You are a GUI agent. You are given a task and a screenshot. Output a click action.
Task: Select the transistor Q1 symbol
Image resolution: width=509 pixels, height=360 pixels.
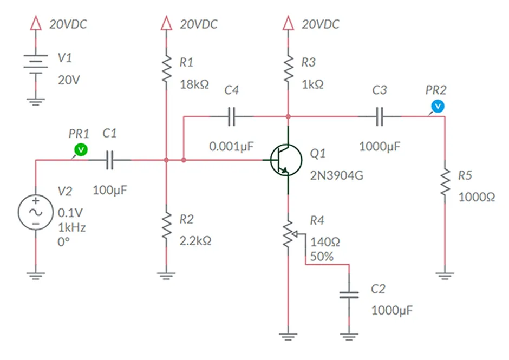tap(286, 160)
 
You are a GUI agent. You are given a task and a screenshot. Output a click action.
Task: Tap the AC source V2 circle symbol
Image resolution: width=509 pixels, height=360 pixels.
tap(35, 212)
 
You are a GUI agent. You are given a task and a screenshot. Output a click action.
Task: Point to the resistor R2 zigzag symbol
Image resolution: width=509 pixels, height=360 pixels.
tap(166, 228)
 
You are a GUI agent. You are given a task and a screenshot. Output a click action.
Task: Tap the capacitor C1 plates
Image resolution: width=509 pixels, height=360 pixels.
tap(110, 160)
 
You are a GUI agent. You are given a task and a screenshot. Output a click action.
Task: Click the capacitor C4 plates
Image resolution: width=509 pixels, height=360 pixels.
tap(232, 116)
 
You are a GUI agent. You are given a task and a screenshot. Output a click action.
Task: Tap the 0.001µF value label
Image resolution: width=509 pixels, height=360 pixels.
tap(232, 146)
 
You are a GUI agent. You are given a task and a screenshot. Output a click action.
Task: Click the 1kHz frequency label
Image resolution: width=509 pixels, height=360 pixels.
tap(72, 227)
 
